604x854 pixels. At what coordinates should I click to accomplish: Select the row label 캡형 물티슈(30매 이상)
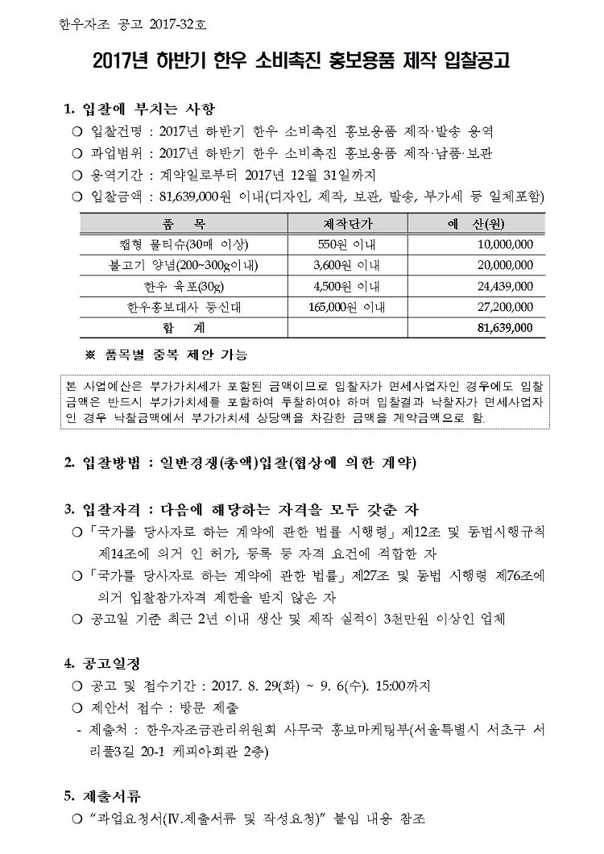coord(184,244)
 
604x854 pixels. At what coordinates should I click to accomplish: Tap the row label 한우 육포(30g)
coord(184,286)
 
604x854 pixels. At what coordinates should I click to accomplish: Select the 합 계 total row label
coord(184,328)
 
